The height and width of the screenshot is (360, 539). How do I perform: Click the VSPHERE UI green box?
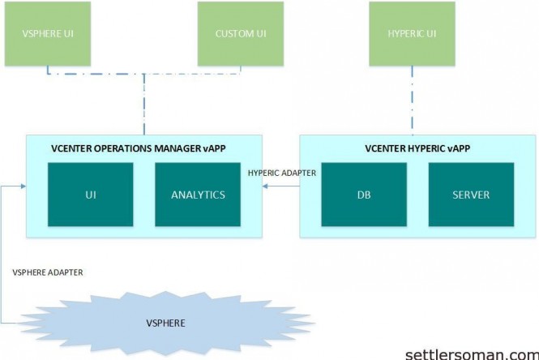[46, 33]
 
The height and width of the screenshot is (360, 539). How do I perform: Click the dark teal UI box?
[90, 195]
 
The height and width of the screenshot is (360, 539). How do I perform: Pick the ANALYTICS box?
[198, 195]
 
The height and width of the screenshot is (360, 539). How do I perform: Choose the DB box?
[364, 195]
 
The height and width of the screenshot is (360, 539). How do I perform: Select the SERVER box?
[471, 195]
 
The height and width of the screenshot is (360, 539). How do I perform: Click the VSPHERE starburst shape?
[165, 322]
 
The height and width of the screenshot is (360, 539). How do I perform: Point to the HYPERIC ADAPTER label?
[281, 173]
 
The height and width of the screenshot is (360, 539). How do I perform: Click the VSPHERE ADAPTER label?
[47, 272]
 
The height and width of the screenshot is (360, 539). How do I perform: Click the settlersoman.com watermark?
[471, 354]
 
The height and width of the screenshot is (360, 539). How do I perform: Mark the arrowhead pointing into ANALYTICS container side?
[266, 186]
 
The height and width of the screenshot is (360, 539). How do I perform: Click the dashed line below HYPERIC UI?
[411, 101]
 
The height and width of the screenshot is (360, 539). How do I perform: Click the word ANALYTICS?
[198, 195]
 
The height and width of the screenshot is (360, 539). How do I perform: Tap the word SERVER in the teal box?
[471, 195]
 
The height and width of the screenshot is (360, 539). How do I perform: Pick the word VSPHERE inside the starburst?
[165, 323]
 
